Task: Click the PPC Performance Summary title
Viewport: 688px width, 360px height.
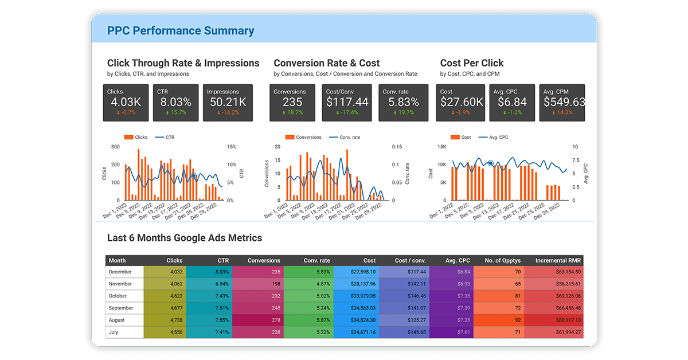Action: [x=181, y=31]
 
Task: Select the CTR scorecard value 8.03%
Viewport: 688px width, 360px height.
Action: [x=175, y=102]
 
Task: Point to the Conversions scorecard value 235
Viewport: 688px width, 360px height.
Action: [x=292, y=102]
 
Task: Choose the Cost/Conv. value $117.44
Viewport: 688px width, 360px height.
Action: [x=347, y=102]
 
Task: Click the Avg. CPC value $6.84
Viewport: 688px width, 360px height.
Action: [x=513, y=102]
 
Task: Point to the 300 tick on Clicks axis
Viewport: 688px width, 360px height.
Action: [x=116, y=147]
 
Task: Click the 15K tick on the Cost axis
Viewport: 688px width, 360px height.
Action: [x=441, y=147]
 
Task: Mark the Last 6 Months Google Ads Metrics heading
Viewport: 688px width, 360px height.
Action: [x=185, y=238]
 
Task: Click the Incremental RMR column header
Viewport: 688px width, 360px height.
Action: [x=558, y=260]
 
